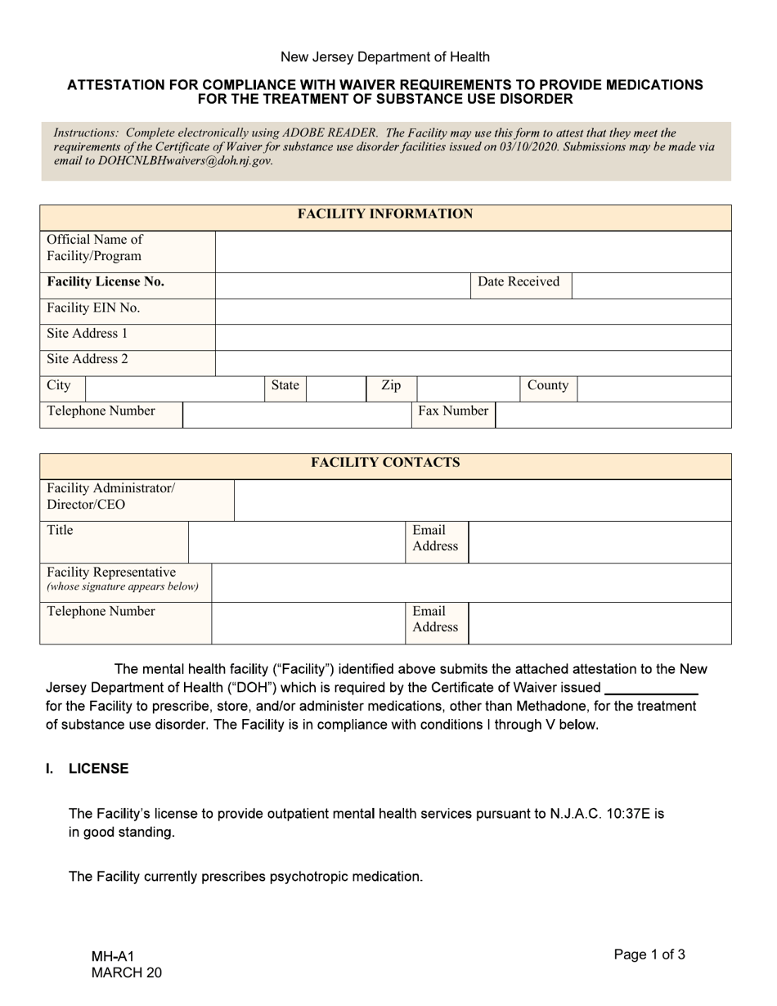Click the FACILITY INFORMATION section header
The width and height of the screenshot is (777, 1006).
click(x=384, y=214)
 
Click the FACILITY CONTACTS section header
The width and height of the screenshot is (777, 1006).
click(x=384, y=463)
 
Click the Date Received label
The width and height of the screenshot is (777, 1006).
click(x=519, y=282)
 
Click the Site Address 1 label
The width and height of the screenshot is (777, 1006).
click(x=88, y=335)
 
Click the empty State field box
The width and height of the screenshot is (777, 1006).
click(x=335, y=387)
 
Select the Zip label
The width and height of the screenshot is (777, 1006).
click(x=391, y=386)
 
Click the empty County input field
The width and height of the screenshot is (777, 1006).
click(x=653, y=387)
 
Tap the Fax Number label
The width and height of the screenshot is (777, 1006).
click(x=453, y=411)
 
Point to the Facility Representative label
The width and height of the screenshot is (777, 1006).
click(x=112, y=573)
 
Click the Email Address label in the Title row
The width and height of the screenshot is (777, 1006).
click(x=435, y=538)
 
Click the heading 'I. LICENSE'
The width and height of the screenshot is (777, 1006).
click(x=88, y=770)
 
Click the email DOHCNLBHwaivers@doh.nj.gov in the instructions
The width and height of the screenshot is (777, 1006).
click(x=184, y=161)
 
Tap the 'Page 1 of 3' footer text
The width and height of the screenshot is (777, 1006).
click(x=649, y=954)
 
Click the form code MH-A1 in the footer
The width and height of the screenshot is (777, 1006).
click(x=112, y=956)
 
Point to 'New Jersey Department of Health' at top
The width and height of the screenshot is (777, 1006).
click(x=385, y=57)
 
